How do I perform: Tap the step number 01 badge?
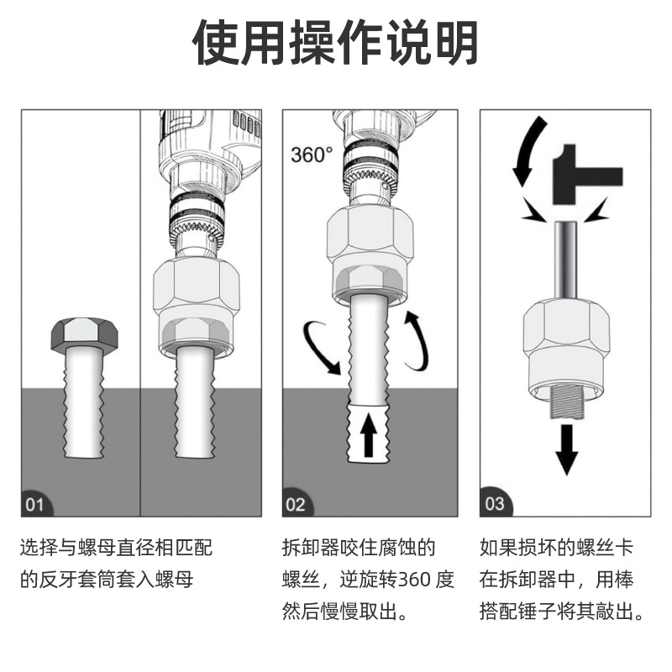pos(36,505)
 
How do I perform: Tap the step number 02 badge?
pos(296,505)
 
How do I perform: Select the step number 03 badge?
pos(495,504)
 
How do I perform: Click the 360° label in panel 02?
pos(312,155)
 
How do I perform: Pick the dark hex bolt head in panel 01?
pos(83,333)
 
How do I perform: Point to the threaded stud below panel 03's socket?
pos(567,404)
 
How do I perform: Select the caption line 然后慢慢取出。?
pos(345,611)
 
